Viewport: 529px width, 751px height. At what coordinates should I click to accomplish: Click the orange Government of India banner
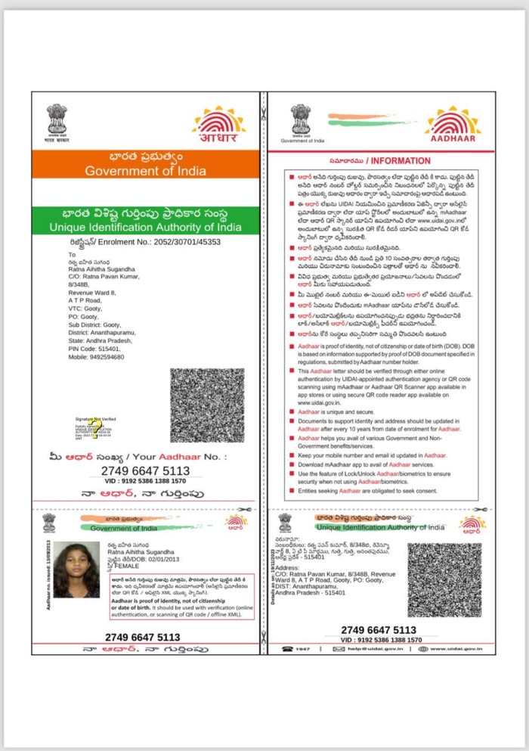coord(144,163)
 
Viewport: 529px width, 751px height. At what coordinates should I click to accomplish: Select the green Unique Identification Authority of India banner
coord(144,220)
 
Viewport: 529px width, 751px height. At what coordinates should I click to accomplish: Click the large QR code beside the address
coord(207,405)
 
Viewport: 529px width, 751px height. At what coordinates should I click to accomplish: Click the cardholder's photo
coord(77,570)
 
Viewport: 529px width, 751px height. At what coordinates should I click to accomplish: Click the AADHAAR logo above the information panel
coord(452,125)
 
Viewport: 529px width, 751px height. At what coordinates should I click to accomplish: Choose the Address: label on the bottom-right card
coord(288,566)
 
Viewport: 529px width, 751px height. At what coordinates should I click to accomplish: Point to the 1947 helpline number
coord(301,649)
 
